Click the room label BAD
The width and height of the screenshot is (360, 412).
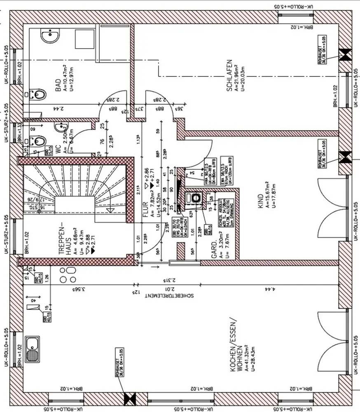click(x=58, y=86)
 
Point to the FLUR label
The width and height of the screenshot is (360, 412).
click(x=145, y=210)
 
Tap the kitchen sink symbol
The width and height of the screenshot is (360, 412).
click(x=33, y=346)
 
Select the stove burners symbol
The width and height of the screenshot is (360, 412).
click(x=68, y=274)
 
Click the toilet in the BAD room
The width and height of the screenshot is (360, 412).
click(x=37, y=95)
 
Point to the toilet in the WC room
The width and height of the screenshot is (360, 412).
click(x=37, y=140)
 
